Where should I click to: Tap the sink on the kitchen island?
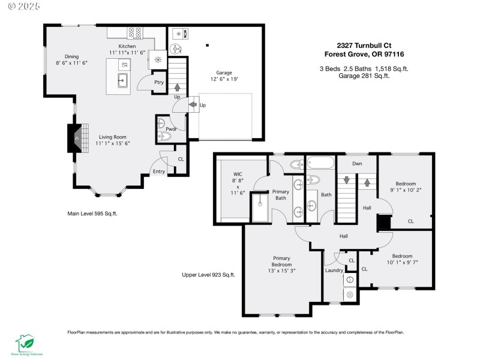pyautogui.click(x=122, y=80)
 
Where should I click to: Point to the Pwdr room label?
pyautogui.click(x=170, y=128)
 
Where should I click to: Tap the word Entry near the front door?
pyautogui.click(x=158, y=172)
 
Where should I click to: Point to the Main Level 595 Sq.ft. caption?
pyautogui.click(x=92, y=213)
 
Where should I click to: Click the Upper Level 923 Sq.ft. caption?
pyautogui.click(x=208, y=275)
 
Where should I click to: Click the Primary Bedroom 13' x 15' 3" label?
pyautogui.click(x=281, y=265)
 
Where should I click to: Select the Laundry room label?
pyautogui.click(x=334, y=270)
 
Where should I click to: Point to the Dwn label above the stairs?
pyautogui.click(x=356, y=163)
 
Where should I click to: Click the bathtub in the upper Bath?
pyautogui.click(x=320, y=163)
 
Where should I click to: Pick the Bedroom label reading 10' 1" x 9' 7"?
pyautogui.click(x=402, y=259)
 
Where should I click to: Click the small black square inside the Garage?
pyautogui.click(x=207, y=44)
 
